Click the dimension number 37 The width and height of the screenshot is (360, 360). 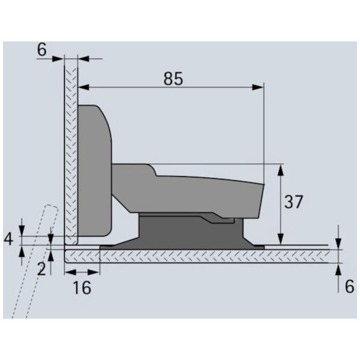tap(293, 202)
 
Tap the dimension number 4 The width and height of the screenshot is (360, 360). tap(8, 239)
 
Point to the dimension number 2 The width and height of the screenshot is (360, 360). tap(41, 268)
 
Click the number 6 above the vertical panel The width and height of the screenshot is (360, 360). tap(41, 50)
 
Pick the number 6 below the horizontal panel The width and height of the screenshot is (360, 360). tap(349, 287)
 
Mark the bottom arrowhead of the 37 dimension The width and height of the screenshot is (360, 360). tap(281, 238)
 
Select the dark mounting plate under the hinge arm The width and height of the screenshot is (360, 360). tap(192, 231)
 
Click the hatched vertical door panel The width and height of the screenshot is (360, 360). tap(70, 150)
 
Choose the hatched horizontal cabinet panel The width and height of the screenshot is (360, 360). tap(198, 256)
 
